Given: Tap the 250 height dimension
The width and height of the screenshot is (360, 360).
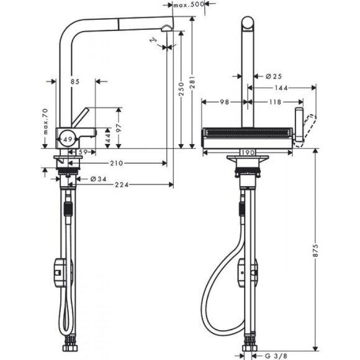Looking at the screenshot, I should [179, 92].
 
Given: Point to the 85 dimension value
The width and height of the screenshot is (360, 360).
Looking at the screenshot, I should [75, 81].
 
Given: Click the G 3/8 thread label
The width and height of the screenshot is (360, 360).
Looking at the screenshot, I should [279, 356].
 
